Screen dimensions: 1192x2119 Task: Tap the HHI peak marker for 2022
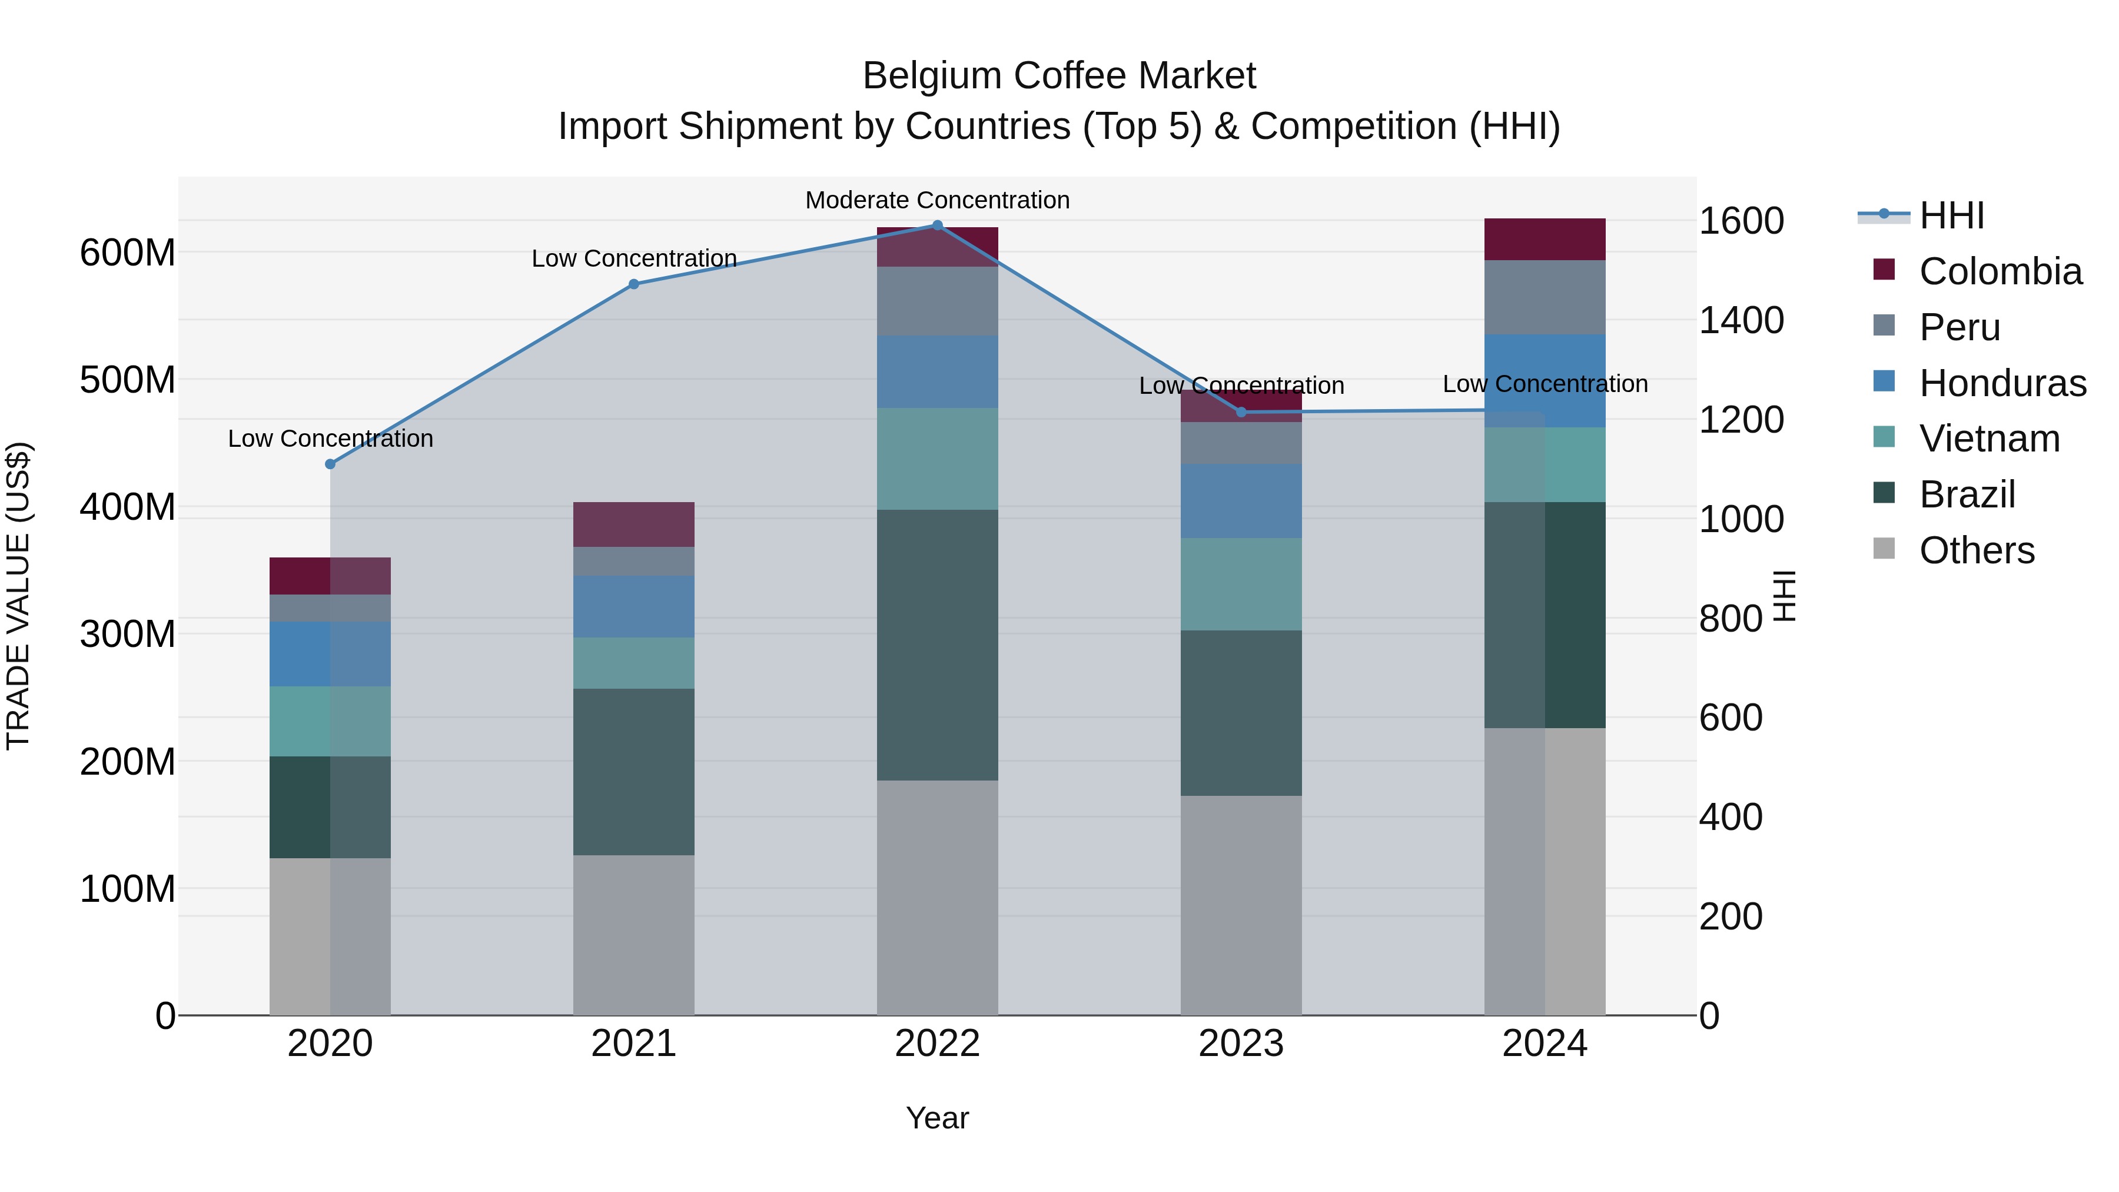pos(937,225)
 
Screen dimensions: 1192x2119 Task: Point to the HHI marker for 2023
pos(1241,412)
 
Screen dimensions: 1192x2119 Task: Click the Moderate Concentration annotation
pos(937,201)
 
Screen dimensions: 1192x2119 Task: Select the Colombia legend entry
pos(2000,271)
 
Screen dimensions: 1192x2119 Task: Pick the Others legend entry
pos(1976,550)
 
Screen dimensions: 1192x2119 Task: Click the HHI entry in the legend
pos(1951,215)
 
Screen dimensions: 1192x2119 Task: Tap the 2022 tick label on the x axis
pos(937,1044)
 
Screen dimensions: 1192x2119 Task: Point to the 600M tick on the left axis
pos(128,253)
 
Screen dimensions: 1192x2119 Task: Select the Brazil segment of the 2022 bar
pos(937,645)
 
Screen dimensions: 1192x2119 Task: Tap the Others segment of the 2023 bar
pos(1241,905)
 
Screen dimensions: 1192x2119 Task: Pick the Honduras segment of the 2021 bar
pos(633,606)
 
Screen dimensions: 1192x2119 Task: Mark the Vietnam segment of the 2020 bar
pos(330,722)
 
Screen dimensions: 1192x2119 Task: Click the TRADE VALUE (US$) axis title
pos(18,596)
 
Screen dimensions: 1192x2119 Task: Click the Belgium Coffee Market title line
pos(1059,77)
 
